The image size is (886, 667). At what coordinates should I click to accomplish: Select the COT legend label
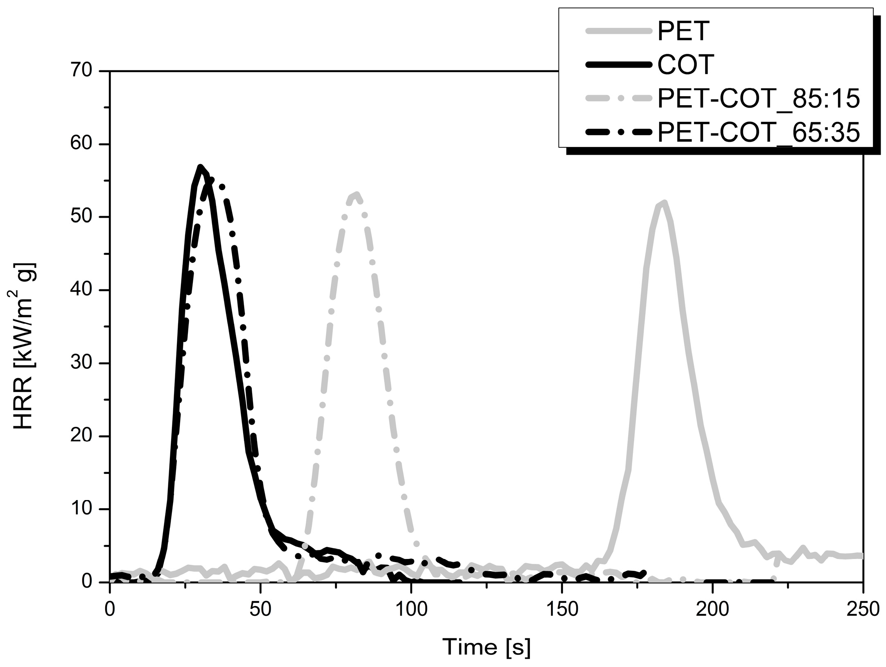(x=686, y=65)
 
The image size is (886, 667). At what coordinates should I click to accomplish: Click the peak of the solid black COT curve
(x=200, y=167)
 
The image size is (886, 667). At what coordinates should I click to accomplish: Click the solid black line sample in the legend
(x=618, y=65)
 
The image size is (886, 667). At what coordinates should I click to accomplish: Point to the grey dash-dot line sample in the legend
(x=618, y=99)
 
